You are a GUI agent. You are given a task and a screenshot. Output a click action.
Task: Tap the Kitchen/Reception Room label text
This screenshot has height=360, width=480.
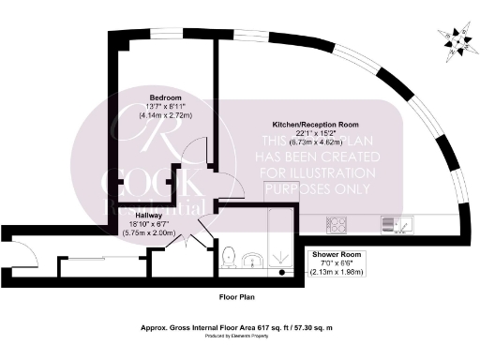tap(315, 125)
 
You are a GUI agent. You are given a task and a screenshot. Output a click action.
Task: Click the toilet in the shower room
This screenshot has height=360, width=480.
tap(230, 253)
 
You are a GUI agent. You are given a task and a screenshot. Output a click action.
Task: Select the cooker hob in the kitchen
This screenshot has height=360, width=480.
tap(336, 224)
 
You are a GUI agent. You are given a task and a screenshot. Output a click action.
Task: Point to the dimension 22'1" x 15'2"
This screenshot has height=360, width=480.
tap(315, 134)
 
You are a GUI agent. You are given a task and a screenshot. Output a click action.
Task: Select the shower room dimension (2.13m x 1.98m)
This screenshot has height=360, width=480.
tap(335, 272)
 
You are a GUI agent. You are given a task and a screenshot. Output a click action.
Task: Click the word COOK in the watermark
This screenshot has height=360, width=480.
tap(137, 177)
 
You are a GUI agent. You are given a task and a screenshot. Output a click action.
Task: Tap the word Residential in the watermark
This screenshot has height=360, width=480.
tap(150, 200)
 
